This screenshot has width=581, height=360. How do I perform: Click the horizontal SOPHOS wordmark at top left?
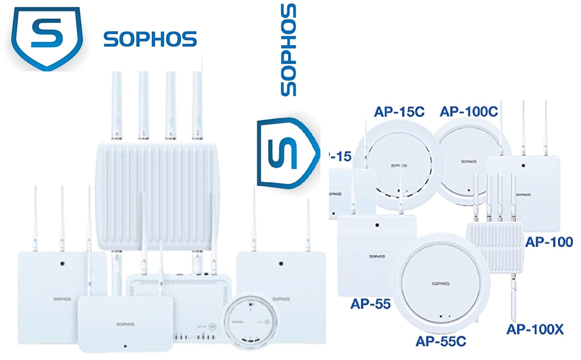point(150,39)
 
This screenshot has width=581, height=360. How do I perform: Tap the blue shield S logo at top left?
point(47,38)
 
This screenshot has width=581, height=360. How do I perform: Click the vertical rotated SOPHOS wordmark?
point(288,50)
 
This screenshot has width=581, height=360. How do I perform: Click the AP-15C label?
point(399,112)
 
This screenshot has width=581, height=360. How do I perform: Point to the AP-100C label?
point(469,112)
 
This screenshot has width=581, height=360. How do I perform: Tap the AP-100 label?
point(549,242)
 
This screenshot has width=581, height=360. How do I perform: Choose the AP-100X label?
point(535,330)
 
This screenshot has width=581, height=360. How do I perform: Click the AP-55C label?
point(441,341)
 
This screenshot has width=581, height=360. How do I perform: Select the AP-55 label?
point(370,304)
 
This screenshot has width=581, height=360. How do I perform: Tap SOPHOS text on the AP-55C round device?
point(441,283)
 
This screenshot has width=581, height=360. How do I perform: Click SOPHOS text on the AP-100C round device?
point(469,162)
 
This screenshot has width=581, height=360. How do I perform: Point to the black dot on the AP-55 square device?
point(377,225)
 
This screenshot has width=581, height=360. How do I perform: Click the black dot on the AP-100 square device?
point(523,166)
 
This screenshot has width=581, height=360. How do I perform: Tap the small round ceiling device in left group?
point(251,322)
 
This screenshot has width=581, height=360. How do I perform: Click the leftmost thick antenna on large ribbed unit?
point(117,105)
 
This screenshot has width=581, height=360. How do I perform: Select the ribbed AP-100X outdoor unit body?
point(494,247)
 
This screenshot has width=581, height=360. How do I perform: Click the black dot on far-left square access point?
point(62,263)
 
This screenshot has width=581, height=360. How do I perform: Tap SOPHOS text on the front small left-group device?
point(125,324)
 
